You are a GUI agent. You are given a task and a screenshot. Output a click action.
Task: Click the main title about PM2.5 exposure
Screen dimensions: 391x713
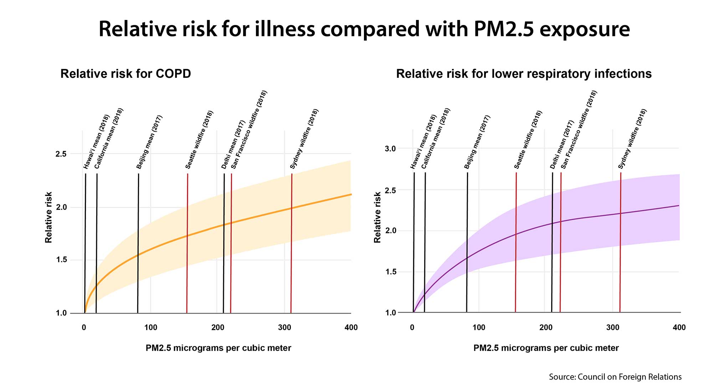[x=364, y=29]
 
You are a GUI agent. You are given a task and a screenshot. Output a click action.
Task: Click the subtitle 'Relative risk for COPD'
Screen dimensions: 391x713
[x=125, y=74]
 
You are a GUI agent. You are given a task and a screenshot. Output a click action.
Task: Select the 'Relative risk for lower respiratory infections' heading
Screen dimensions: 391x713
[x=524, y=74]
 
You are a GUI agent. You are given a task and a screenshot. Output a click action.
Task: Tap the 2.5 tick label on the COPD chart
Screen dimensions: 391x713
[x=61, y=154]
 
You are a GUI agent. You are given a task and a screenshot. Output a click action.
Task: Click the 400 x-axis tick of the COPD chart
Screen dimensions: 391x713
[x=351, y=327]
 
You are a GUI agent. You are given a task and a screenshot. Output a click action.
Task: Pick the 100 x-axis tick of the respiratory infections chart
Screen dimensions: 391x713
[x=479, y=327]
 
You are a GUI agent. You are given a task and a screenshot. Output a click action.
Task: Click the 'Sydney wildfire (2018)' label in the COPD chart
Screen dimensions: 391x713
[x=304, y=139]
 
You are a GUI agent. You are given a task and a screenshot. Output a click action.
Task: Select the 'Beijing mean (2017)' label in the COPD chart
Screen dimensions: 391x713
[x=149, y=142]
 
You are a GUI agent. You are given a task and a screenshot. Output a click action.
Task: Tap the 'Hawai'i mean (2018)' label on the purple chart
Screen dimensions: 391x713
[x=424, y=142]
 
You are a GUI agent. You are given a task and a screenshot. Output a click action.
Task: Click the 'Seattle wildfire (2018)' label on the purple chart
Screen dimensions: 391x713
[x=528, y=139]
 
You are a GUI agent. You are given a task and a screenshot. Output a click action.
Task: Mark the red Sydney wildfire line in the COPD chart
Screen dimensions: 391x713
[x=291, y=243]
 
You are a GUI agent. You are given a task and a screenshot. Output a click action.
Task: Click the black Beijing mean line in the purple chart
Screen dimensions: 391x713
[x=467, y=243]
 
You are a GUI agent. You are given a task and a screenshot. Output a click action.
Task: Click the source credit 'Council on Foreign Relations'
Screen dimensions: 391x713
[x=615, y=377]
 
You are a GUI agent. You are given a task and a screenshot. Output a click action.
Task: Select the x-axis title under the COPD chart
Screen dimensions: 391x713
[x=218, y=348]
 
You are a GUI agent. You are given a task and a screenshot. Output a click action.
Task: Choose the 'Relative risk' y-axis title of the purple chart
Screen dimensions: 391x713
[x=377, y=217]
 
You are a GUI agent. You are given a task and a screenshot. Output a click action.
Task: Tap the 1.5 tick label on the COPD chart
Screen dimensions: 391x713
[x=61, y=260]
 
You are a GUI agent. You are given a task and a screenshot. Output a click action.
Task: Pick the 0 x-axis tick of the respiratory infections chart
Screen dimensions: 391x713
[x=412, y=327]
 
